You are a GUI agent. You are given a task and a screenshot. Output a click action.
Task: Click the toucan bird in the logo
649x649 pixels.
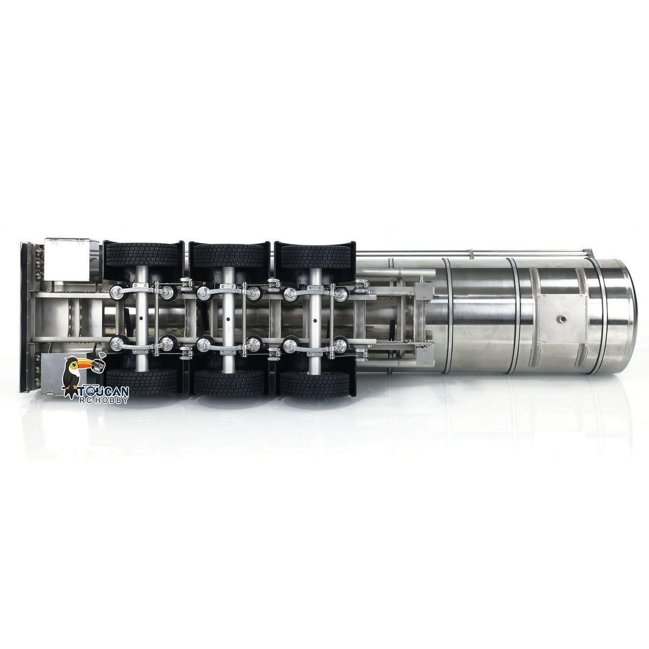pos(72,376)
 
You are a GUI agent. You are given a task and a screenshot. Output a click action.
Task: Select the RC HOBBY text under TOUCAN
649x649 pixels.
pos(103,400)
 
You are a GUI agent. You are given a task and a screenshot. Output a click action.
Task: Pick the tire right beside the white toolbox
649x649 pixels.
pos(142,255)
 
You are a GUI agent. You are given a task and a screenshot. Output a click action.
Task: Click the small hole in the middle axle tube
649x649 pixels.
pos(228,319)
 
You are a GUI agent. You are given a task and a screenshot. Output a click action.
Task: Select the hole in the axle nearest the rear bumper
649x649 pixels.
pos(142,319)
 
